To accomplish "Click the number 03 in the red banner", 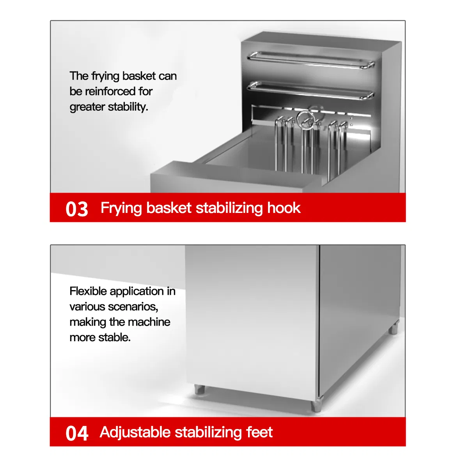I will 77,209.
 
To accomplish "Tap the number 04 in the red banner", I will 77,433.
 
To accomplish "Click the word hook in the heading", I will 284,208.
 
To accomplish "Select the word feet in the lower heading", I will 259,432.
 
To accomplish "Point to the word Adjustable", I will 135,433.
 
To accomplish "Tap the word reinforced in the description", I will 110,91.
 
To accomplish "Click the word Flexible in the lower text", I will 88,291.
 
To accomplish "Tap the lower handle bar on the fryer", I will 310,90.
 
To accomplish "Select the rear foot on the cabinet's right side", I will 394,328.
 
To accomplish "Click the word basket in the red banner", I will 169,208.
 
